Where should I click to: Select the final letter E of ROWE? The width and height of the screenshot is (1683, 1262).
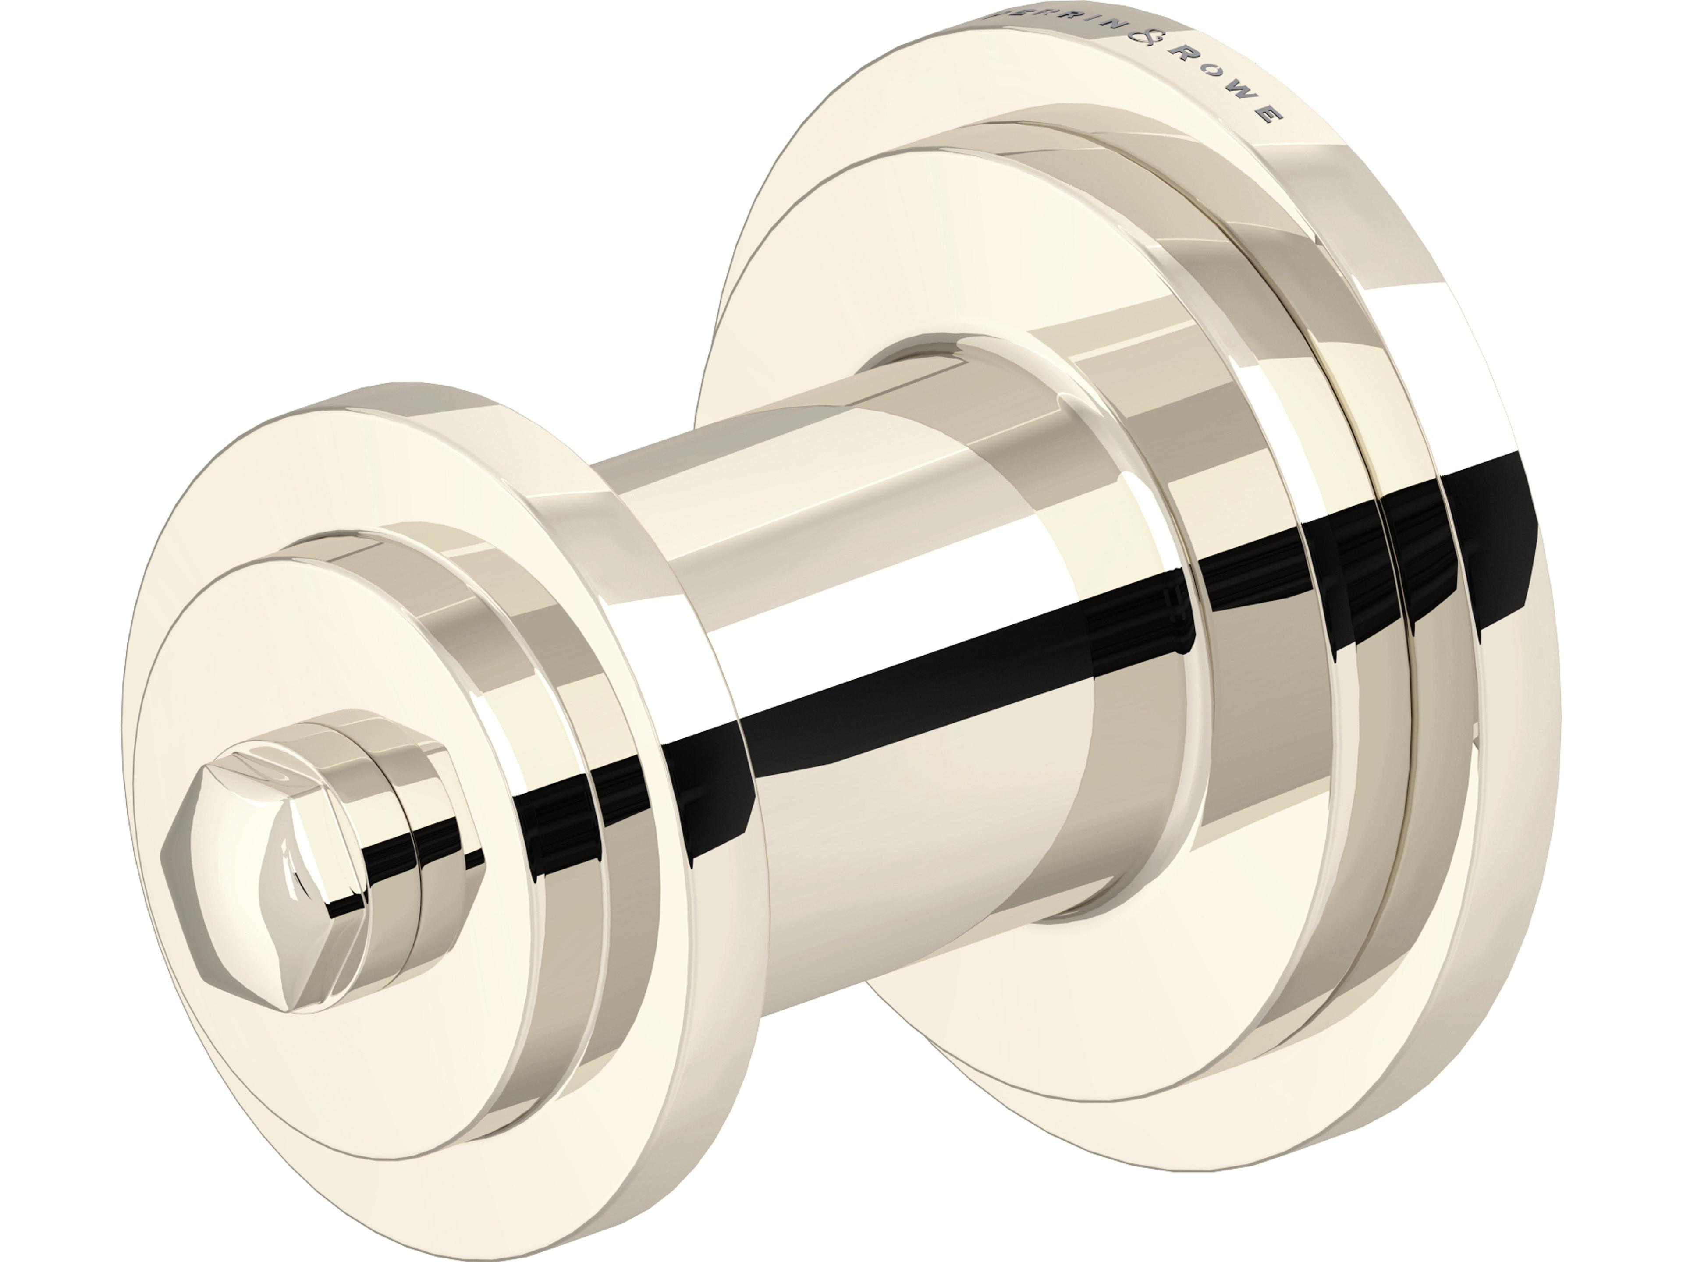[x=1269, y=114]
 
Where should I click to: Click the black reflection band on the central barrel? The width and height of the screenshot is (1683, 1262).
[x=913, y=670]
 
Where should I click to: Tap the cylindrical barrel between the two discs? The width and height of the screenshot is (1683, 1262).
[x=837, y=532]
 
